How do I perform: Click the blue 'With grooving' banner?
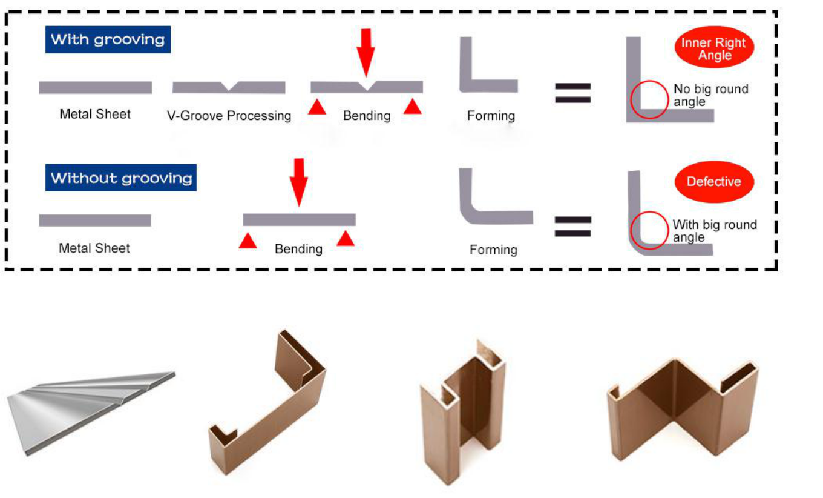108,40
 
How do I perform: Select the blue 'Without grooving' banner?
121,178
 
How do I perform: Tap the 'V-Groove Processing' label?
229,115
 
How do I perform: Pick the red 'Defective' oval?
713,181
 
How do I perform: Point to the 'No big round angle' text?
710,95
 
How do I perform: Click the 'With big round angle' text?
714,231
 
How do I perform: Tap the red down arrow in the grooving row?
366,51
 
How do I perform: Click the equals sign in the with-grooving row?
572,93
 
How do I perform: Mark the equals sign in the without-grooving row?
572,225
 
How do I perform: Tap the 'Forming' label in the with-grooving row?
491,115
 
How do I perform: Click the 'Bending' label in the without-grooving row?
298,249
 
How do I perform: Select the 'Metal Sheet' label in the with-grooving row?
95,114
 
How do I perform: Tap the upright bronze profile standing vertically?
463,412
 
